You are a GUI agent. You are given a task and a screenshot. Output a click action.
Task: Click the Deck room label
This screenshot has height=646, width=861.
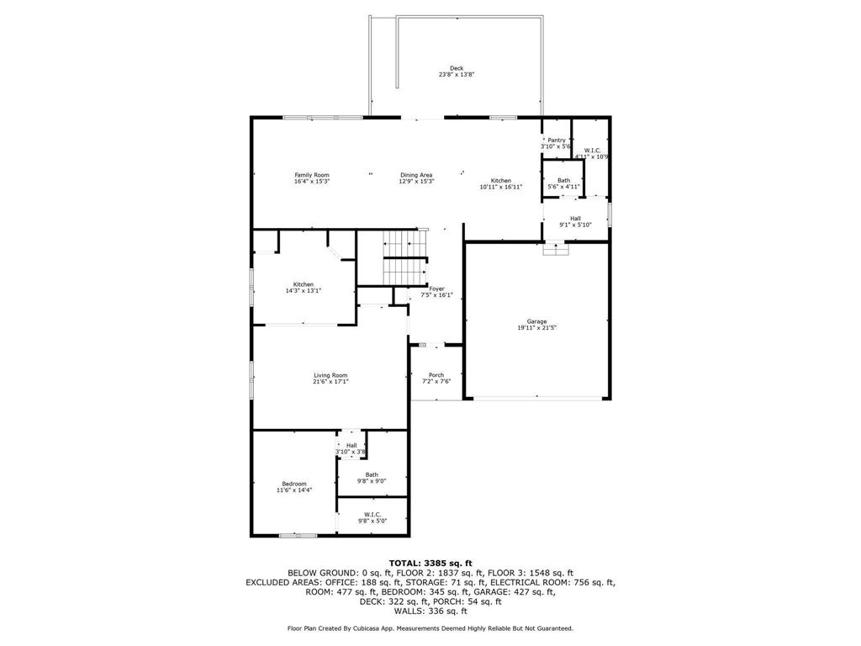(x=456, y=68)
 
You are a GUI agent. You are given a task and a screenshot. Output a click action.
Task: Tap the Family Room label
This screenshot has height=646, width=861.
(x=311, y=175)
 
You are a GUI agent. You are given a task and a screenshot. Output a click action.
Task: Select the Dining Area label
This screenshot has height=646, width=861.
(x=416, y=175)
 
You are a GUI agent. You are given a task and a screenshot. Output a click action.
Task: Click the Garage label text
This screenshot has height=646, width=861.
(x=536, y=321)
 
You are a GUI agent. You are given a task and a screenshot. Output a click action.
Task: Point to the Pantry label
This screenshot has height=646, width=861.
(x=556, y=140)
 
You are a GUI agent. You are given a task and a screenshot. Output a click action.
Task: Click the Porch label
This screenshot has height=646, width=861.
(x=436, y=375)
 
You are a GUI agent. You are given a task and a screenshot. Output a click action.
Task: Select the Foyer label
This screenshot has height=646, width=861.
(x=436, y=289)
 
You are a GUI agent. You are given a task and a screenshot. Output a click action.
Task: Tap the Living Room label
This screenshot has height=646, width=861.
(x=330, y=375)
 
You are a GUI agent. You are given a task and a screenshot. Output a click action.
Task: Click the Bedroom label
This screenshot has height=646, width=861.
(x=294, y=484)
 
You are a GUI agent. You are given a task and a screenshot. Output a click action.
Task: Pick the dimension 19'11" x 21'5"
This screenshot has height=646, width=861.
(x=536, y=328)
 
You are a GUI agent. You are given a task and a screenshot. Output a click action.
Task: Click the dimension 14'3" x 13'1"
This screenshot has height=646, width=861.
(x=304, y=291)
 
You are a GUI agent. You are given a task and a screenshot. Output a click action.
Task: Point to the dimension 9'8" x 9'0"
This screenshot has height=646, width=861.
(x=372, y=481)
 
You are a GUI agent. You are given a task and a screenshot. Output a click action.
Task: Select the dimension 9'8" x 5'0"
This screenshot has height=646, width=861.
(x=372, y=521)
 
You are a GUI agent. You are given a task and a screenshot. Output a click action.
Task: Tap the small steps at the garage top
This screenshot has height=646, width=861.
(x=556, y=248)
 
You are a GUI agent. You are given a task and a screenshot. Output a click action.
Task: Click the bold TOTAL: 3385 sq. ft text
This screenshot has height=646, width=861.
(x=430, y=563)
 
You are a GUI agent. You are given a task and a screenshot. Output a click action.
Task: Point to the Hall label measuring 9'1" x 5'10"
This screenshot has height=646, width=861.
(x=575, y=219)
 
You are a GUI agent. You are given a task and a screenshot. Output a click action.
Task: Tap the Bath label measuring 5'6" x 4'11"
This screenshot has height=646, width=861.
(x=563, y=180)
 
